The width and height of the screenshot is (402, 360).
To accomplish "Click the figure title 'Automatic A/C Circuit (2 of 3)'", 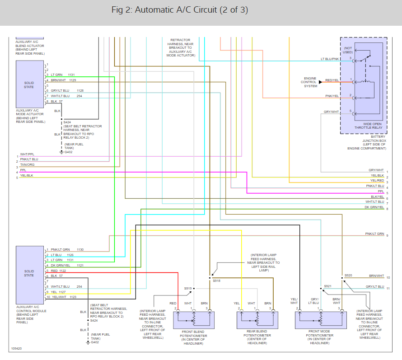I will tap(180, 10).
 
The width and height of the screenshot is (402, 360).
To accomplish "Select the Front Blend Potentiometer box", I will tap(193, 320).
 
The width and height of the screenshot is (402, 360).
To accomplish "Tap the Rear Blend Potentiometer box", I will tap(257, 320).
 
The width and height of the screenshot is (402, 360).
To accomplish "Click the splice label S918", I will tap(217, 281).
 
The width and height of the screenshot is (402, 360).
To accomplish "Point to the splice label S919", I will tap(188, 288).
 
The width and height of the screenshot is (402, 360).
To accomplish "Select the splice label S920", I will tap(348, 275).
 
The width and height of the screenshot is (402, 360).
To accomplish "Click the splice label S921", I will tap(327, 286).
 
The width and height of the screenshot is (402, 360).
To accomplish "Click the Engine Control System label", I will tap(310, 82).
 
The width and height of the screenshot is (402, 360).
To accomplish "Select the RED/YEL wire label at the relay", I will tap(332, 80).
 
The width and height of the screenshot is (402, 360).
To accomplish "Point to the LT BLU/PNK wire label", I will tap(330, 59).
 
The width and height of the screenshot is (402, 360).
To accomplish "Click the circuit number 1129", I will tap(72, 80).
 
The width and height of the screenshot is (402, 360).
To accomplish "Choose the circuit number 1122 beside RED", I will tap(62, 271).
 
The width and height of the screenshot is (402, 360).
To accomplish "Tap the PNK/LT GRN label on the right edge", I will tap(374, 234).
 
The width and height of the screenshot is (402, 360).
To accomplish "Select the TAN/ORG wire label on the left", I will tap(27, 164).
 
